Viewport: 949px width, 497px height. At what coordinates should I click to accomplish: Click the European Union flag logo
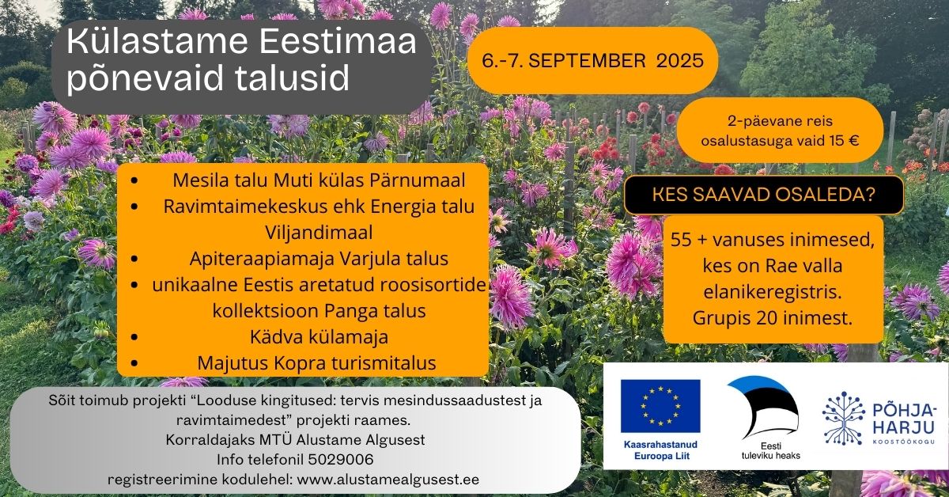pyautogui.click(x=660, y=406)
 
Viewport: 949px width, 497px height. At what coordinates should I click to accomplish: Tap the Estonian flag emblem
pyautogui.click(x=762, y=407)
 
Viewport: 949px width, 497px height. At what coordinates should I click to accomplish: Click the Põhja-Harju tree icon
pyautogui.click(x=844, y=418)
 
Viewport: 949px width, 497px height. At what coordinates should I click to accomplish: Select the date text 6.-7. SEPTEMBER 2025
pyautogui.click(x=592, y=61)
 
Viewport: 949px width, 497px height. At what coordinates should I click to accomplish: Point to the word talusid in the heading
pyautogui.click(x=292, y=78)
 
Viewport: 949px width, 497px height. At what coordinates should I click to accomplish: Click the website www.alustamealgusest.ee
pyautogui.click(x=388, y=480)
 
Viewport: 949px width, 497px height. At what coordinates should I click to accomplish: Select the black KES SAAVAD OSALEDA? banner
pyautogui.click(x=763, y=195)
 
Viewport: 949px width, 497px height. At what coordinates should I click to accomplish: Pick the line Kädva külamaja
pyautogui.click(x=319, y=337)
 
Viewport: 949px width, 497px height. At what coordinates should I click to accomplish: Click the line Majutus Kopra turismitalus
pyautogui.click(x=317, y=363)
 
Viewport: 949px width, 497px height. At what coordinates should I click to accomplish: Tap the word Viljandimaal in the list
pyautogui.click(x=319, y=233)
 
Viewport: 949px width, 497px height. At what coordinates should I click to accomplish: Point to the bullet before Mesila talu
pyautogui.click(x=134, y=180)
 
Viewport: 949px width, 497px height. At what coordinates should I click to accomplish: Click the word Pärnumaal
pyautogui.click(x=418, y=180)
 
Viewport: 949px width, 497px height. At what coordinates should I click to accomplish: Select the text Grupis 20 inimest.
pyautogui.click(x=773, y=318)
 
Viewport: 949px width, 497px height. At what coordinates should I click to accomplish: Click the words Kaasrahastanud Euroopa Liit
pyautogui.click(x=660, y=450)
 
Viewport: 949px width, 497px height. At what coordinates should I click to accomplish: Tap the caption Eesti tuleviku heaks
pyautogui.click(x=770, y=451)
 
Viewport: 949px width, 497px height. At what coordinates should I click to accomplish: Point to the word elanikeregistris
pyautogui.click(x=773, y=292)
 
